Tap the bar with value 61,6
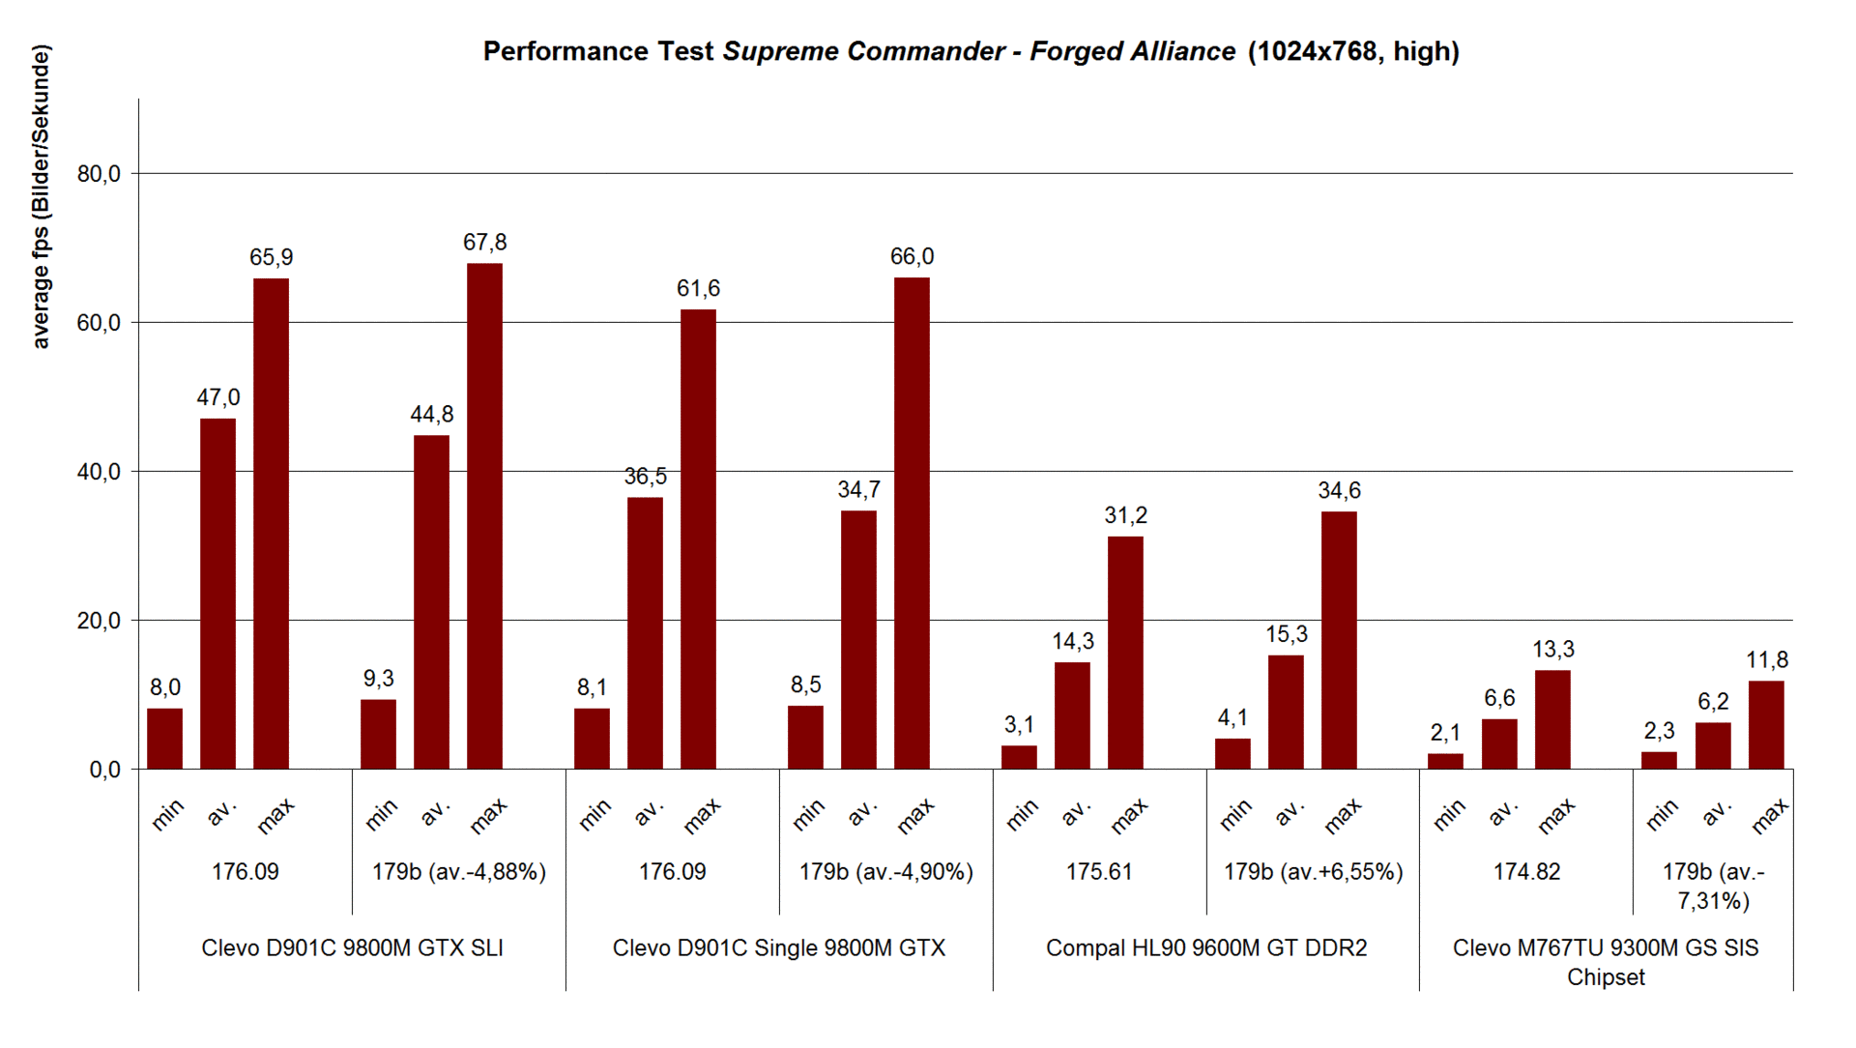pos(698,539)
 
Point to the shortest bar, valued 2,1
pos(1445,761)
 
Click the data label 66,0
pos(912,257)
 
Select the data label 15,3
pos(1286,634)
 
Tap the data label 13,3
pos(1552,650)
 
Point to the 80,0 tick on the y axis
pos(99,174)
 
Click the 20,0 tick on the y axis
pos(99,621)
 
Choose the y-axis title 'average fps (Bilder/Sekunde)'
pos(41,196)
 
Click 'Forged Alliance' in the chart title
pos(1132,51)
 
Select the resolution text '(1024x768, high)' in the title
pos(1353,51)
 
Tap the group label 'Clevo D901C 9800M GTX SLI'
pos(352,948)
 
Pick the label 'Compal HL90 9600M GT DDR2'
pos(1206,948)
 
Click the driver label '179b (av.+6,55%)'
pos(1313,872)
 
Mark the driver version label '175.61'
pos(1098,872)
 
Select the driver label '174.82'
pos(1526,872)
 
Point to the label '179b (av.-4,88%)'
pos(459,872)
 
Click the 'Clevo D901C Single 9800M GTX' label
pos(779,948)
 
